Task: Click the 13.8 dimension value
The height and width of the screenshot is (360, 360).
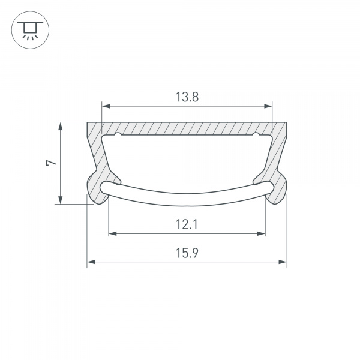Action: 187,97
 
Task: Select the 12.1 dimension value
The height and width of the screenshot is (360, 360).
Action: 187,224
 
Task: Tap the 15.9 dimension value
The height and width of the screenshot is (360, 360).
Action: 187,253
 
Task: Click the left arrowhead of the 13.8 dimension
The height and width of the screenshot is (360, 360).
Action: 104,107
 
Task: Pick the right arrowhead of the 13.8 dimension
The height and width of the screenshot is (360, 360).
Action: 269,107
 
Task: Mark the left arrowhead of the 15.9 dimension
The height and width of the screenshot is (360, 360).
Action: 91,262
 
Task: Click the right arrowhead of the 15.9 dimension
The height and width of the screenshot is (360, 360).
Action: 284,262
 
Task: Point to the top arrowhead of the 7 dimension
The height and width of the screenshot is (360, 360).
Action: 60,125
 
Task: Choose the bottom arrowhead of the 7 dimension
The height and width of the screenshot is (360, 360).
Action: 60,200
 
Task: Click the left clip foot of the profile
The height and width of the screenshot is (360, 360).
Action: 94,191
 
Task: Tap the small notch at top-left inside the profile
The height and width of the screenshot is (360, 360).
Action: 118,134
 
